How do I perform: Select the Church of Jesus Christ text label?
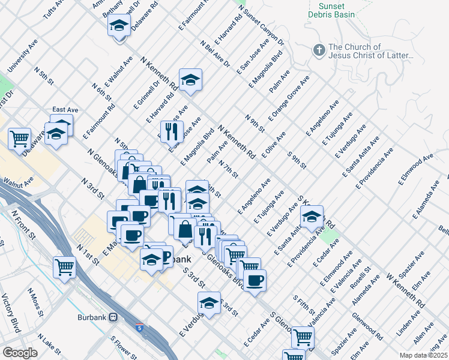click(371, 51)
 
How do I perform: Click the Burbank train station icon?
click(113, 317)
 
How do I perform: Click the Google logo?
click(20, 353)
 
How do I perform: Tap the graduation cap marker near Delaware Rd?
click(119, 26)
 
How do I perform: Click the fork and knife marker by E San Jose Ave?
click(172, 131)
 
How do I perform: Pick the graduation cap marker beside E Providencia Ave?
click(312, 218)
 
